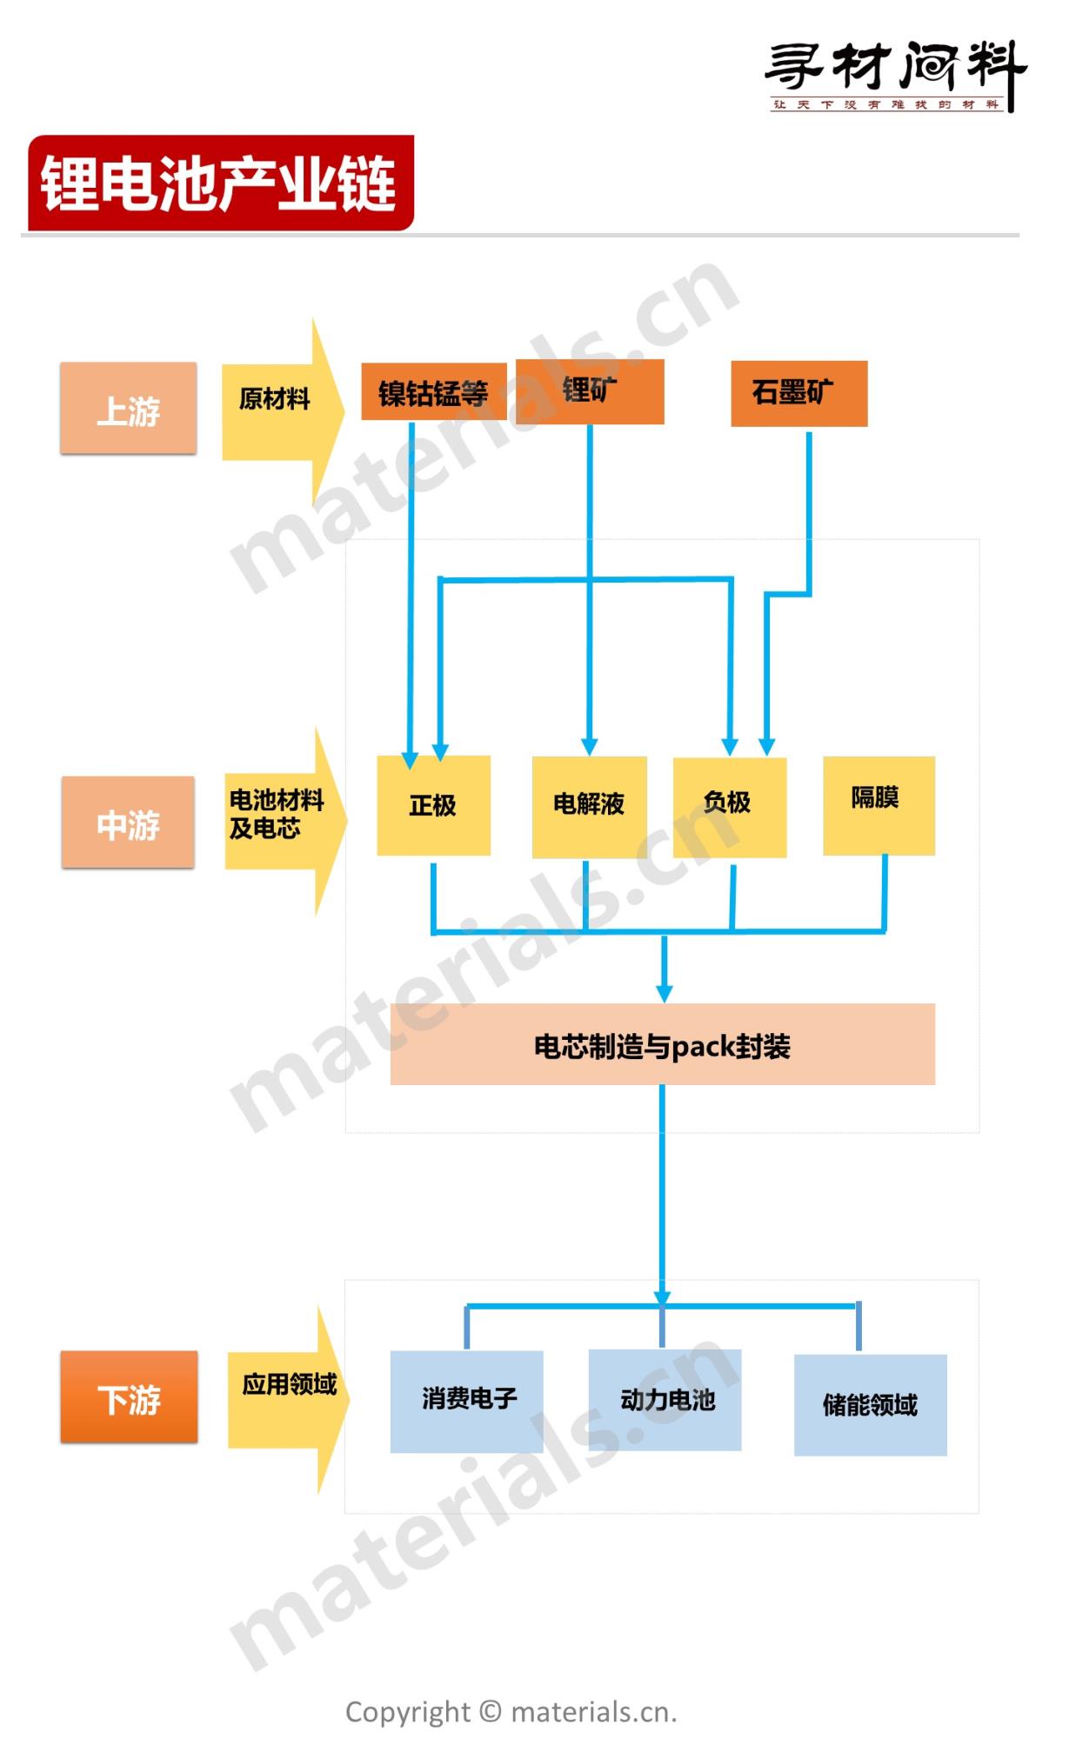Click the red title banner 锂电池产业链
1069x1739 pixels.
click(x=220, y=183)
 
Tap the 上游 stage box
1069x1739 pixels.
click(x=129, y=408)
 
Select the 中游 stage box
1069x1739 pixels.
click(x=128, y=822)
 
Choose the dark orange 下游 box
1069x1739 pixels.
click(x=129, y=1396)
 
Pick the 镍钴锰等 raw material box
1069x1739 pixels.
click(x=433, y=392)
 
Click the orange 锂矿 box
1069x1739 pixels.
click(x=590, y=390)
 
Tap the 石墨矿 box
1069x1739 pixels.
click(x=798, y=393)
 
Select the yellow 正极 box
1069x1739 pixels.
click(x=433, y=805)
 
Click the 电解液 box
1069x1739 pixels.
click(x=589, y=806)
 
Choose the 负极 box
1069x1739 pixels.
click(x=729, y=806)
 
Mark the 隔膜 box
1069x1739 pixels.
click(x=879, y=804)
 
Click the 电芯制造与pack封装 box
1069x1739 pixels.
click(x=662, y=1044)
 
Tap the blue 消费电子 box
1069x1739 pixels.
click(x=466, y=1401)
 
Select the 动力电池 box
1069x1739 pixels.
click(x=665, y=1399)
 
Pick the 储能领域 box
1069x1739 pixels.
click(x=870, y=1404)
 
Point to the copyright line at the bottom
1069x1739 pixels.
click(x=511, y=1712)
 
